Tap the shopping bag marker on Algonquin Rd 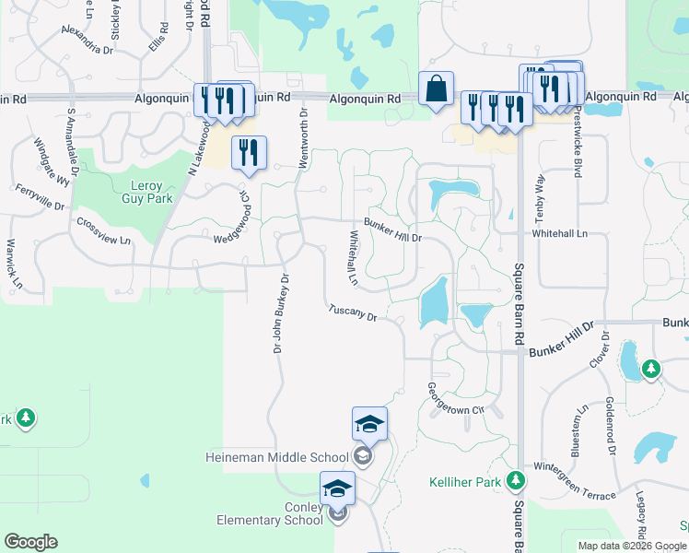[436, 89]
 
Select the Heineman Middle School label [276, 457]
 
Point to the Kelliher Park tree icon [517, 480]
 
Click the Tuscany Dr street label [354, 313]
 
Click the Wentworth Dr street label [302, 136]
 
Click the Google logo [30, 542]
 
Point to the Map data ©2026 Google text [632, 546]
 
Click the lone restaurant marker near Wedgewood [248, 152]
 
